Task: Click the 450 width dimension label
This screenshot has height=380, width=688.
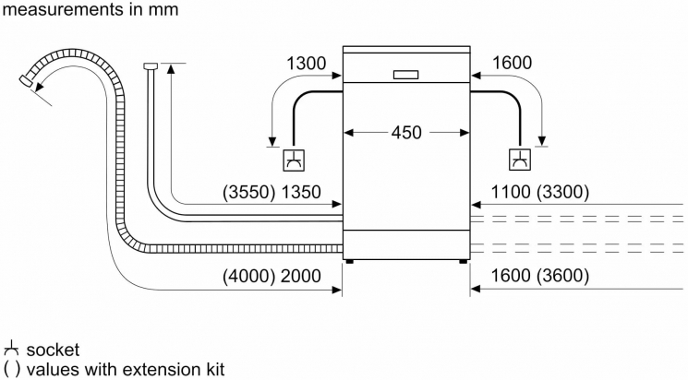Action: [406, 133]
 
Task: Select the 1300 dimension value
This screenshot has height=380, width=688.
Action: [307, 63]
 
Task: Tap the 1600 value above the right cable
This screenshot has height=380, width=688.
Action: [512, 63]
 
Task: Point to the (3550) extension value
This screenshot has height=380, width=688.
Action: [248, 193]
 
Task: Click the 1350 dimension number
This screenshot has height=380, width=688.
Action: [301, 193]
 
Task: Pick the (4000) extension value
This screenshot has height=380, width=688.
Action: [248, 276]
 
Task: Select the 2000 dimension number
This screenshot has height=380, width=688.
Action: [301, 276]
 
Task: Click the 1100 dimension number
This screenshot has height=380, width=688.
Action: [511, 192]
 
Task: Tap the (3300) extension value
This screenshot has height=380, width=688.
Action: [563, 192]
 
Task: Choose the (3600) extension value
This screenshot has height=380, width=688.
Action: [563, 275]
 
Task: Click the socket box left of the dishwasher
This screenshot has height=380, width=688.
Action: [294, 160]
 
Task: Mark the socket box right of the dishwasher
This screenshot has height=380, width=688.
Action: [520, 160]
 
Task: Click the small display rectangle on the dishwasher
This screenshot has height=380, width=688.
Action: [405, 75]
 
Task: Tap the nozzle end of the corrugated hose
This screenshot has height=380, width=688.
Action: [27, 81]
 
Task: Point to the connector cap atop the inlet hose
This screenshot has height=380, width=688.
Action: [150, 65]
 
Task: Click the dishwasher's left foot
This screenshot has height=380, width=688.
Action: [349, 262]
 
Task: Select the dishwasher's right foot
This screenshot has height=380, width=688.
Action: [464, 262]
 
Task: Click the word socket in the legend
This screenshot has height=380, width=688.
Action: [53, 350]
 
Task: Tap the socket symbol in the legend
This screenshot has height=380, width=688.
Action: [11, 350]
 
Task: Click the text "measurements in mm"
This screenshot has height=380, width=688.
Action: [91, 9]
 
